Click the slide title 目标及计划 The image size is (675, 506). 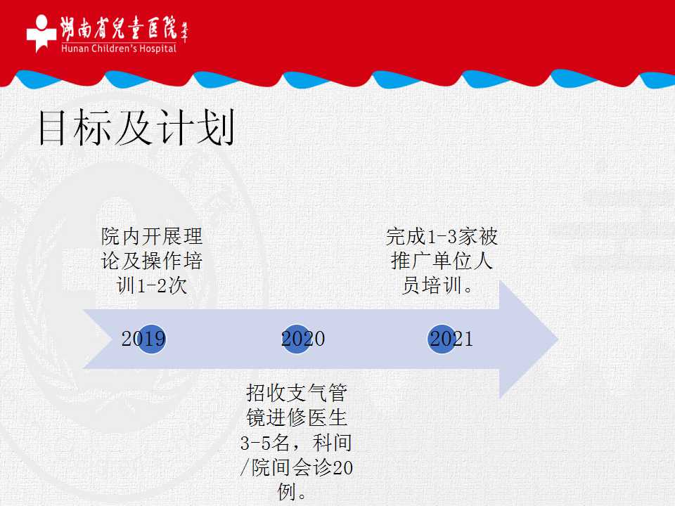pos(137,127)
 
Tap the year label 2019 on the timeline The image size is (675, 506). pos(143,339)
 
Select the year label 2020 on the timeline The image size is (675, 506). pos(303,339)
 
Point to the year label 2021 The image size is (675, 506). pos(451,339)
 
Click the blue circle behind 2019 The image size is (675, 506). pos(151,339)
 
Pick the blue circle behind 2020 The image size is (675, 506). pos(296,339)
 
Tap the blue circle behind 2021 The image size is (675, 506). pos(442,339)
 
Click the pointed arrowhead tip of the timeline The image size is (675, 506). pos(558,339)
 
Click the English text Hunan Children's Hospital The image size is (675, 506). pos(119,48)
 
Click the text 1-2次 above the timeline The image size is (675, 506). pos(162,285)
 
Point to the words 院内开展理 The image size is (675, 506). pos(152,236)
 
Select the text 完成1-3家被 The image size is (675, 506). pos(442,236)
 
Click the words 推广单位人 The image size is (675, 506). pos(442,261)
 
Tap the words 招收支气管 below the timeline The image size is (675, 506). pos(297,392)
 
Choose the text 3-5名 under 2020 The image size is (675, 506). pos(265,443)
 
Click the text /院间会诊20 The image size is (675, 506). pos(296,467)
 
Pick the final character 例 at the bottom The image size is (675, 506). pos(287,491)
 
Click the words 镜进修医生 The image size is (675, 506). pos(297,417)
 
